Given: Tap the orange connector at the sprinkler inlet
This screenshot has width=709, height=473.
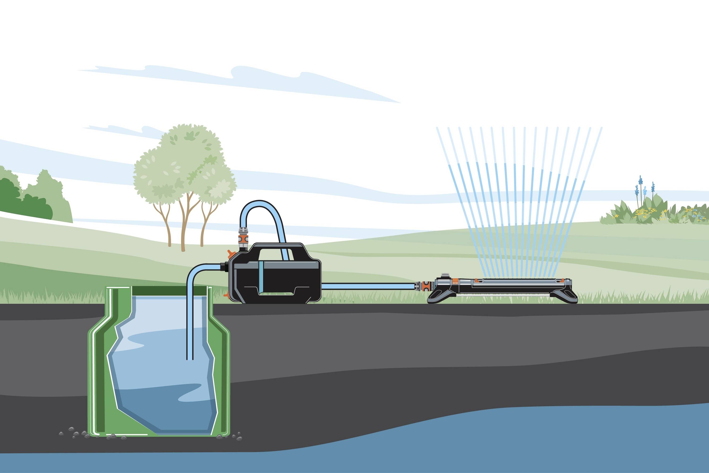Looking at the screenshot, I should (426, 285).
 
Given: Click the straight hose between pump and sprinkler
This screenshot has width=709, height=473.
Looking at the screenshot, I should (368, 286).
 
